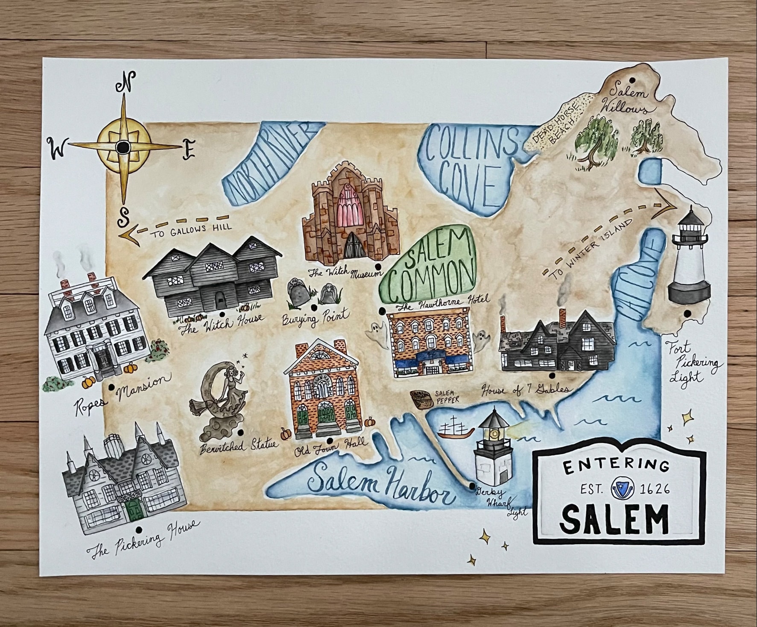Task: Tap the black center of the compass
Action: [x=123, y=147]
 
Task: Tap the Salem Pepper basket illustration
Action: [x=421, y=399]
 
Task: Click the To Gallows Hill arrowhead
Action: [x=129, y=234]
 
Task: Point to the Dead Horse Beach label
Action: [x=559, y=126]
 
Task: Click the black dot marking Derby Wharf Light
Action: [x=471, y=486]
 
